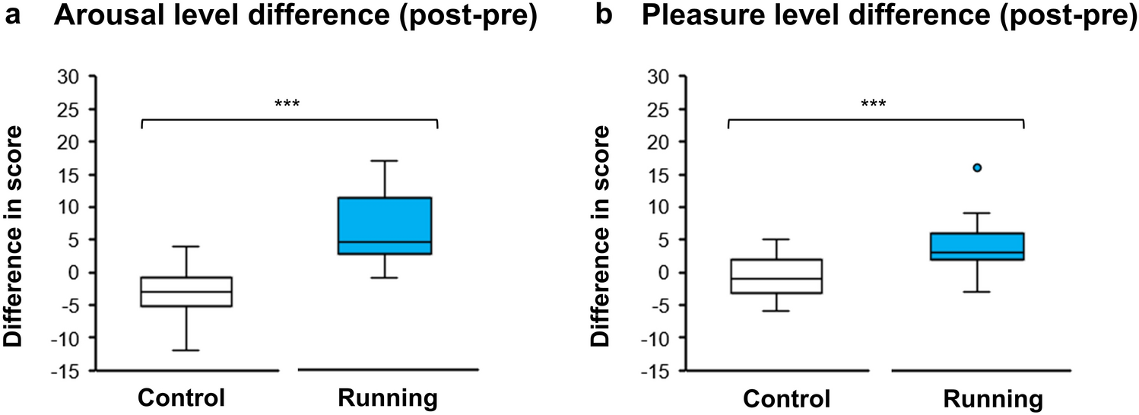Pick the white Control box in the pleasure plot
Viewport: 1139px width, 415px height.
(x=776, y=276)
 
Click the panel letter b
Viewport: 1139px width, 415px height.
(x=604, y=17)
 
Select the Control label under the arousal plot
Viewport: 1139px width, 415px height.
(x=182, y=398)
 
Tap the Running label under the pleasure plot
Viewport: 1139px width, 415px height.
(x=991, y=398)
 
